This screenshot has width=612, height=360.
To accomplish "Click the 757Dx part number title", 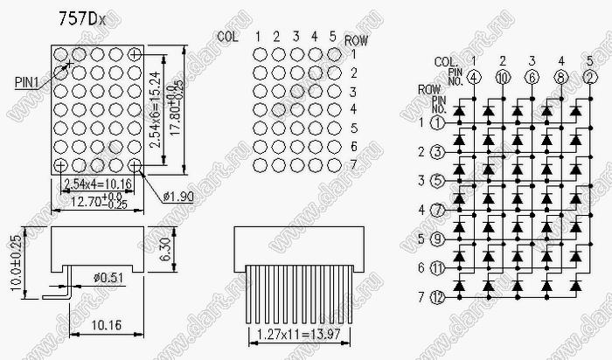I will coord(84,18).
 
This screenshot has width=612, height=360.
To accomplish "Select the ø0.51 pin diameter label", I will coord(108,278).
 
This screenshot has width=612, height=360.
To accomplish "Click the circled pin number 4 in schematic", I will coord(473,76).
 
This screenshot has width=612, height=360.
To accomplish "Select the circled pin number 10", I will coord(503,76).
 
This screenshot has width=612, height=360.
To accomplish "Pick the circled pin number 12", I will coord(438,297).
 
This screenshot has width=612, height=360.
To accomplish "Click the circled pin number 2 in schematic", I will coord(590,76).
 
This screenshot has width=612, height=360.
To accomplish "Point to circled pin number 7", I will coord(438,210).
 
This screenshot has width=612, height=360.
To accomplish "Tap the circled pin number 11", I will coord(438,268).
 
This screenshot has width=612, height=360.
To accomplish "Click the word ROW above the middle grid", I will coord(356,40).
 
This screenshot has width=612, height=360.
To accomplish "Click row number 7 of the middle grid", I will coord(352,165).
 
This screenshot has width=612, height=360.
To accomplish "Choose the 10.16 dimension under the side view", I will coord(105,325).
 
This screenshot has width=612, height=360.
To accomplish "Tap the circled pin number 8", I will coord(561,76).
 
